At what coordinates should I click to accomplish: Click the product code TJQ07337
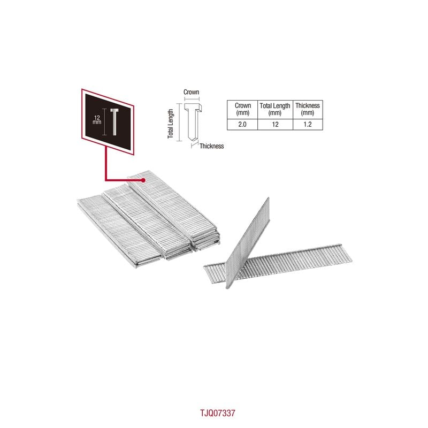coord(218,413)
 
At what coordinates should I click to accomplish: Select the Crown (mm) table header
coord(242,109)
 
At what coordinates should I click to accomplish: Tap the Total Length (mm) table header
coord(275,109)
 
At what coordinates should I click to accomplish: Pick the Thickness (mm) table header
coord(307,109)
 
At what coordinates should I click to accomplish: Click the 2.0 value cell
coord(242,125)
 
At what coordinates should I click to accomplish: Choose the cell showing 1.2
coord(307,125)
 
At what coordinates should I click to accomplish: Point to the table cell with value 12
coord(275,125)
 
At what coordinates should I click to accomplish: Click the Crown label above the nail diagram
coord(191,92)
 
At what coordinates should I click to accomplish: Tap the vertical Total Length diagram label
coord(171,124)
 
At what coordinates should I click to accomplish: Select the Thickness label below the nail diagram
coord(211,146)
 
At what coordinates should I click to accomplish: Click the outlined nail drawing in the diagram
coord(193,123)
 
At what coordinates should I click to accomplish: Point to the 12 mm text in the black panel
coord(97,119)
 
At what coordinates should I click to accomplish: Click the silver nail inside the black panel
coord(114,121)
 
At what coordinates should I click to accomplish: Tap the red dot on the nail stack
coord(143,180)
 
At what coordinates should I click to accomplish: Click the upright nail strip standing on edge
coord(248,242)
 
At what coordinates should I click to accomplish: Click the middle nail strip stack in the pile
coord(148,221)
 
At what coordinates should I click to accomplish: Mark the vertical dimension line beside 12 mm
coord(104,121)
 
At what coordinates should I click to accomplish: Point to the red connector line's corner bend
coord(105,180)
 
